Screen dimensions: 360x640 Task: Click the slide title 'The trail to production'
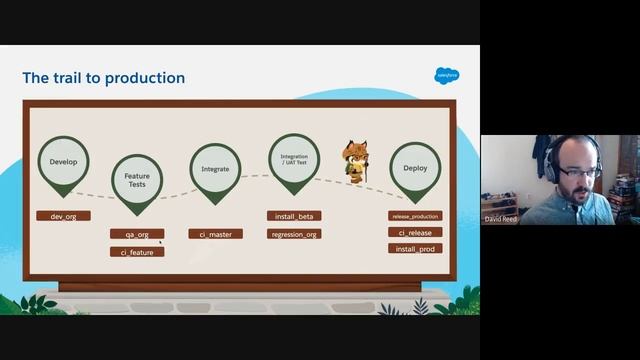(x=104, y=78)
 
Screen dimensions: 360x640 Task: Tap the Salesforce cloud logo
(x=446, y=75)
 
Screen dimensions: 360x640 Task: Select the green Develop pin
(x=64, y=161)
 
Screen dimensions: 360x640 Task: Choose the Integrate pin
(x=215, y=169)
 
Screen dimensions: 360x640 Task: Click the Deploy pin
(x=415, y=168)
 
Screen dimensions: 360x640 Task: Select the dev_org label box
(x=63, y=215)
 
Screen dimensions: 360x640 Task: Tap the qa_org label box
(x=137, y=234)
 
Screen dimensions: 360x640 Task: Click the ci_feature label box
(x=137, y=252)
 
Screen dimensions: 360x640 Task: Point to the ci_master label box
(x=215, y=234)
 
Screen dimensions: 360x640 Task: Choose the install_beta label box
(x=294, y=215)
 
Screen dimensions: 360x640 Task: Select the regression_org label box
(x=294, y=234)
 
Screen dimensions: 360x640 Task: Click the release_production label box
(x=415, y=215)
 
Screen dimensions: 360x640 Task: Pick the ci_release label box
(x=415, y=232)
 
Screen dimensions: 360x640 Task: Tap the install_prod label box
(x=415, y=248)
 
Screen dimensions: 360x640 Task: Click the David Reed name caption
(x=500, y=218)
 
